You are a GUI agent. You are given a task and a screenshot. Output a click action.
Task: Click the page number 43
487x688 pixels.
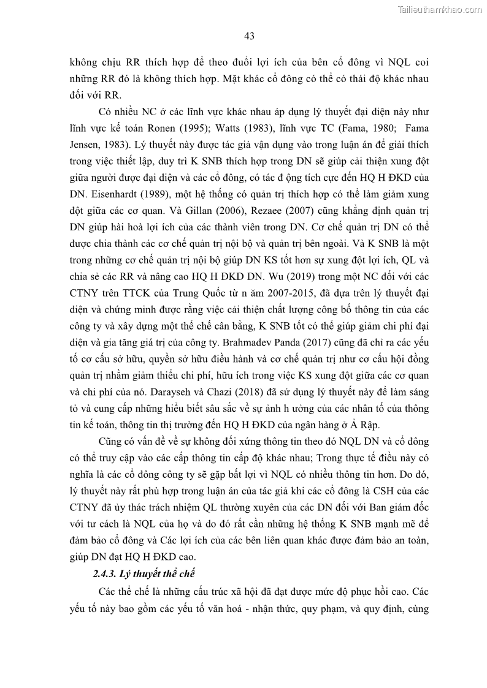coord(249,36)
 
